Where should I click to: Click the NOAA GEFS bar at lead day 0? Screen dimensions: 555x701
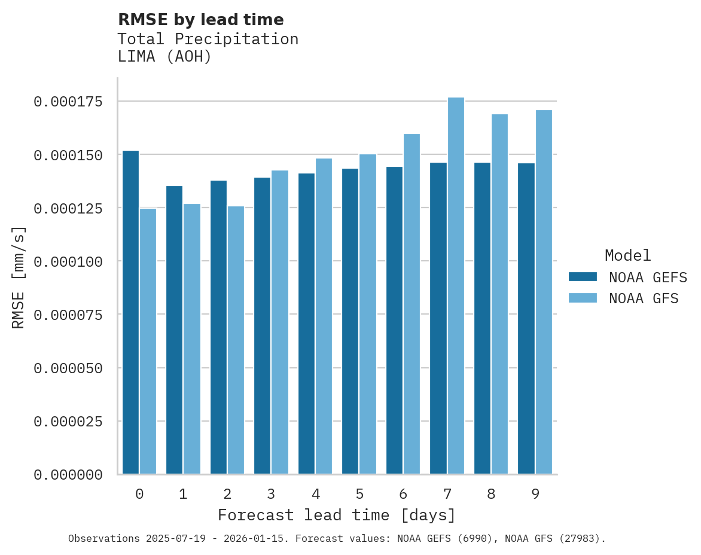coord(130,312)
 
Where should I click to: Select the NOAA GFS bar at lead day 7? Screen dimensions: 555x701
coord(456,286)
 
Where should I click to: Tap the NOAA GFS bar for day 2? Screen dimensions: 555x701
coord(236,340)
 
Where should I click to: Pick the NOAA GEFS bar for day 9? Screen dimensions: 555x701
coord(526,319)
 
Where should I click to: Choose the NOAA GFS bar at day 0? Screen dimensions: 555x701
coord(148,341)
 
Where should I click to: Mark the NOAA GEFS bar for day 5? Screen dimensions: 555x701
coord(350,321)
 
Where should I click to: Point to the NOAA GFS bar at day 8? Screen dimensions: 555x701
coord(500,294)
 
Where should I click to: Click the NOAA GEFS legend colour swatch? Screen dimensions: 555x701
coord(583,277)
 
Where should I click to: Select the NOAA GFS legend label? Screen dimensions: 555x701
coord(644,298)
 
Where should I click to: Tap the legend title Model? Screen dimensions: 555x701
coord(627,256)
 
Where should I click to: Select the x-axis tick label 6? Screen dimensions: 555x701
coord(403,494)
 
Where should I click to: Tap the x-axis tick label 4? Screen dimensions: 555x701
coord(315,494)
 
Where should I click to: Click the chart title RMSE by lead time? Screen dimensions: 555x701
coord(200,20)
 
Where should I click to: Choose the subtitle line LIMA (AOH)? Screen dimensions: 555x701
coord(164,57)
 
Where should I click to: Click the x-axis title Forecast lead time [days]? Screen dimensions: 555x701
coord(337,515)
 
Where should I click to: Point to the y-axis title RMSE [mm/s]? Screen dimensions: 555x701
coord(19,277)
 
